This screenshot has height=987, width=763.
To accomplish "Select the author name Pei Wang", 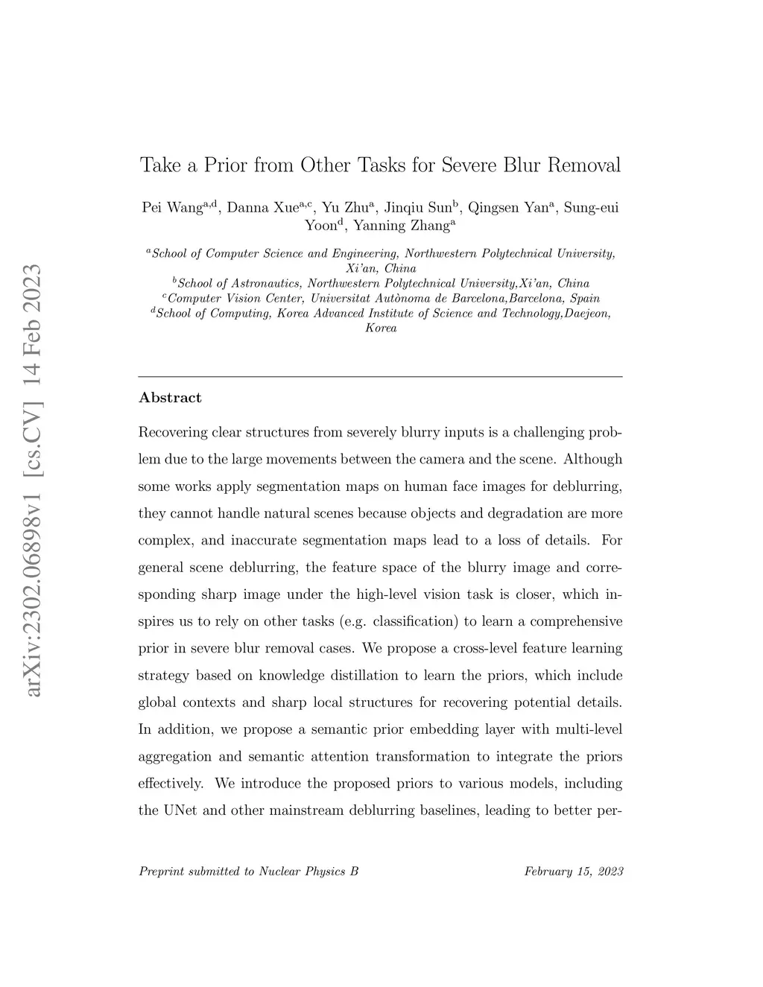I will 172,208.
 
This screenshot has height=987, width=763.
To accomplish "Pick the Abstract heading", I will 170,398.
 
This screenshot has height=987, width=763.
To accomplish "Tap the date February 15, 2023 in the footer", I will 573,871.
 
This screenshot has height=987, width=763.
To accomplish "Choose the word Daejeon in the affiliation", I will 586,313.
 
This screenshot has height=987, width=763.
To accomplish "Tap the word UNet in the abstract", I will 179,810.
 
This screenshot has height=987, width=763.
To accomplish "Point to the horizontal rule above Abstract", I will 381,377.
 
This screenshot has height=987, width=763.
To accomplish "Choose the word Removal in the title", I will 583,165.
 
